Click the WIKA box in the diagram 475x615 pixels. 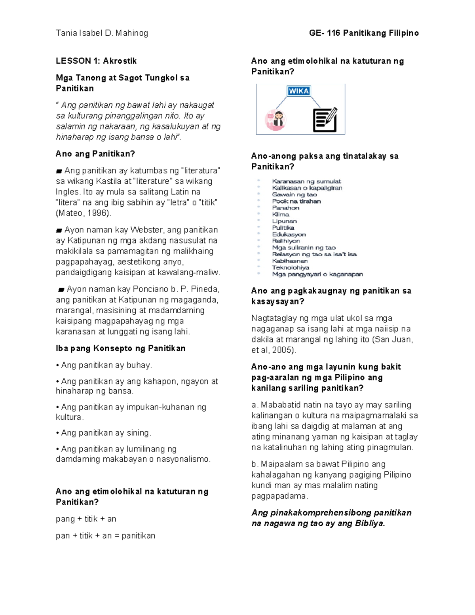[x=299, y=91]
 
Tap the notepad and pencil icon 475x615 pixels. [x=325, y=120]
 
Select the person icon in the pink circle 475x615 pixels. [x=275, y=120]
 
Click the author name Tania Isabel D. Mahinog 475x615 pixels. [x=102, y=33]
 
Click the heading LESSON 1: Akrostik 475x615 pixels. [x=96, y=61]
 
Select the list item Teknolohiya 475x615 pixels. [x=290, y=268]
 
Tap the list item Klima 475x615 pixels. [x=281, y=215]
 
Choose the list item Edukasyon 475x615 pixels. [x=289, y=234]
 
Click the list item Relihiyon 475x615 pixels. [x=286, y=241]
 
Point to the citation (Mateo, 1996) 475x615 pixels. [x=84, y=213]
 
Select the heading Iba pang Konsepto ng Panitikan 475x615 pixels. [x=121, y=348]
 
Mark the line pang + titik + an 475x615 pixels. [x=86, y=519]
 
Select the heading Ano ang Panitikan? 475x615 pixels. [x=95, y=154]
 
